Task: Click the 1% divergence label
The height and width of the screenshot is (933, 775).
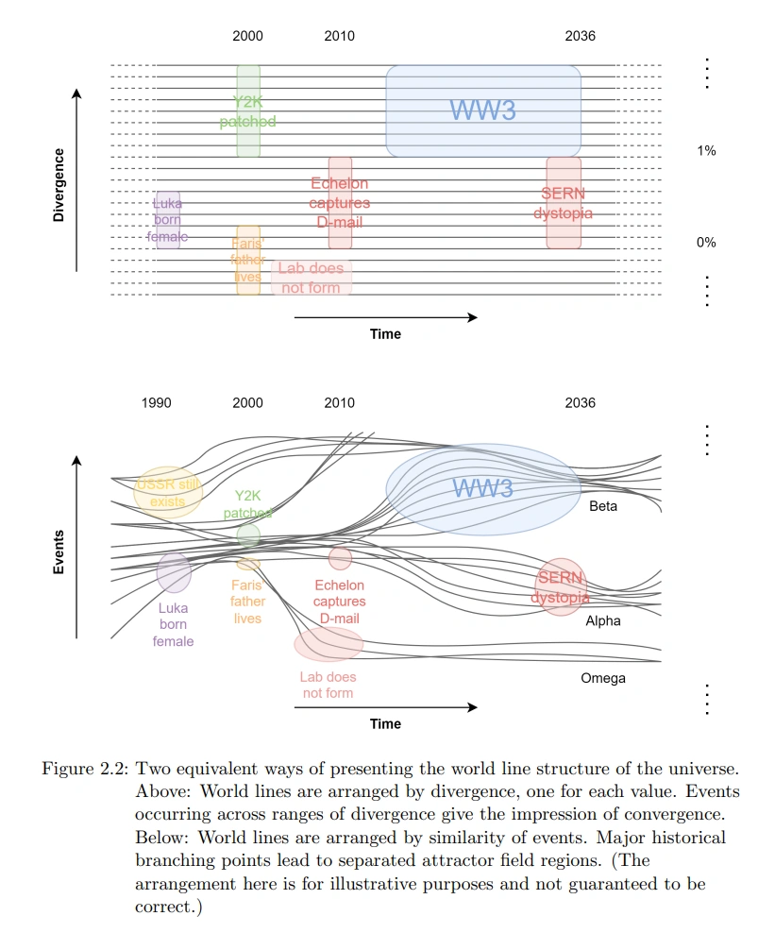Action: pyautogui.click(x=706, y=151)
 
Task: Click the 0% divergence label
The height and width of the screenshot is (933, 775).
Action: pyautogui.click(x=706, y=243)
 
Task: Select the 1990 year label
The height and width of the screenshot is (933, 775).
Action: pyautogui.click(x=157, y=403)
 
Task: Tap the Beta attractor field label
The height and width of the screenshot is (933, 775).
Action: pyautogui.click(x=603, y=507)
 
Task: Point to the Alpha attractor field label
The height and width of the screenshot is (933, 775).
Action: pyautogui.click(x=603, y=621)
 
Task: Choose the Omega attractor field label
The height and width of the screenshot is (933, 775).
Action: pyautogui.click(x=603, y=678)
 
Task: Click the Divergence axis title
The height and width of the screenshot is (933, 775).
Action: pyautogui.click(x=59, y=185)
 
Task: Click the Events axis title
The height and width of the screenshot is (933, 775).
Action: pyautogui.click(x=59, y=552)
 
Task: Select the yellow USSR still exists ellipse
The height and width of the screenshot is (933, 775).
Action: pyautogui.click(x=168, y=492)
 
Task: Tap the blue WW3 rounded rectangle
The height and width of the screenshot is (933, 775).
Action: pyautogui.click(x=483, y=110)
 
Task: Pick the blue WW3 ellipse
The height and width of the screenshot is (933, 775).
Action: pyautogui.click(x=483, y=489)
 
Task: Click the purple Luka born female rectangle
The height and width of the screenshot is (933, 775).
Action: pyautogui.click(x=168, y=219)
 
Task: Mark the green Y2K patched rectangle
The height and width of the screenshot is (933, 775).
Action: pyautogui.click(x=248, y=110)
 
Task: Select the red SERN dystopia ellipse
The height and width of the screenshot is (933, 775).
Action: pyautogui.click(x=563, y=586)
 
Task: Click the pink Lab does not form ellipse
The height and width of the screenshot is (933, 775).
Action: pyautogui.click(x=328, y=644)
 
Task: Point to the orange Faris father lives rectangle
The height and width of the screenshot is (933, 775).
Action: pyautogui.click(x=248, y=261)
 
